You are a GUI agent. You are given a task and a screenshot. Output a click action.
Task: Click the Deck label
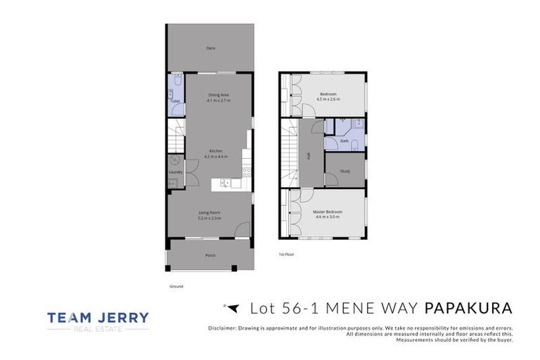tap(210, 49)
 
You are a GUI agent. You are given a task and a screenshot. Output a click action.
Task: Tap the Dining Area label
tap(219, 94)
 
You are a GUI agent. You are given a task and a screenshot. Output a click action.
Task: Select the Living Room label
tap(210, 212)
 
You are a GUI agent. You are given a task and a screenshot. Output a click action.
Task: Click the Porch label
tap(210, 255)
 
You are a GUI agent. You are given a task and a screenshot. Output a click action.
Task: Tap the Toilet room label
tap(174, 101)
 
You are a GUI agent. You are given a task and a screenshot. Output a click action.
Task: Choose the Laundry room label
tap(176, 172)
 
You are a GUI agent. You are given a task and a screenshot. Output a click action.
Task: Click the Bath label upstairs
tap(345, 141)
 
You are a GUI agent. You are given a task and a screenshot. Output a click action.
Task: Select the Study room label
tap(345, 171)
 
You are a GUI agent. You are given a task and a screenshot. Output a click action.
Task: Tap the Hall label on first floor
tap(308, 156)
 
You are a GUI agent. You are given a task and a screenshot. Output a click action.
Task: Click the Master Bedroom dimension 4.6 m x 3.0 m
tap(326, 217)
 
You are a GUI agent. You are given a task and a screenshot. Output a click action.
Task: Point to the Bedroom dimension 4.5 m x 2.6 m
tap(328, 100)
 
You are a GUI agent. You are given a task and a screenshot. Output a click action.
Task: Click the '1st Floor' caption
tap(285, 254)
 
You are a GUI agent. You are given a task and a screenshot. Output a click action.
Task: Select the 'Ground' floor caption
tap(176, 286)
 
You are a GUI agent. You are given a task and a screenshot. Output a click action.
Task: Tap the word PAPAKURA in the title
tap(468, 309)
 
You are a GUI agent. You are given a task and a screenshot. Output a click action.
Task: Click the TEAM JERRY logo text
tap(98, 318)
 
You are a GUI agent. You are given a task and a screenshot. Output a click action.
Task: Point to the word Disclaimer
tap(224, 328)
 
